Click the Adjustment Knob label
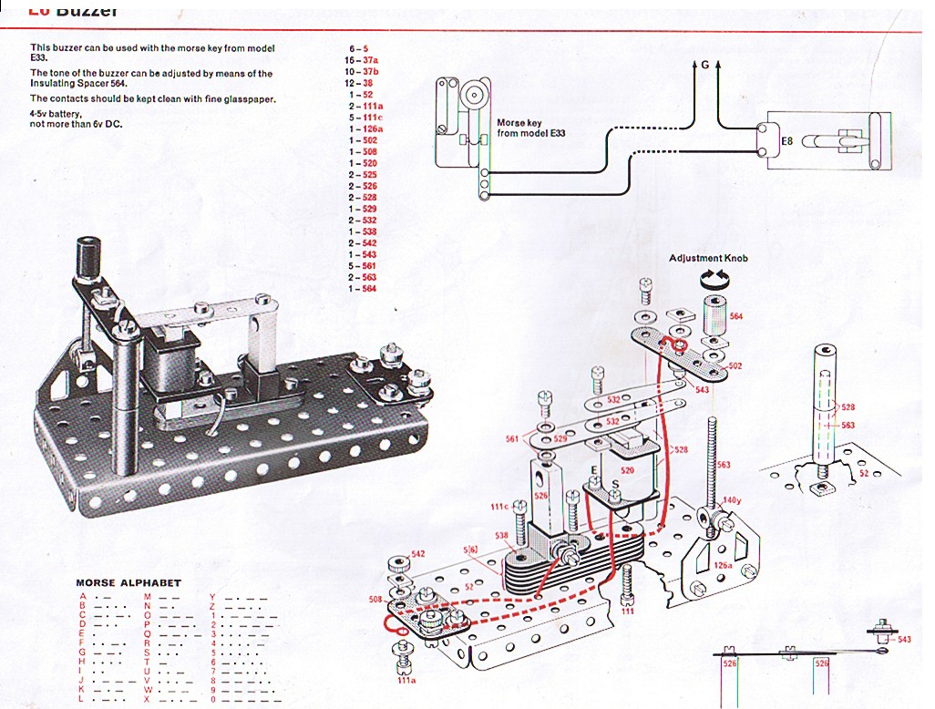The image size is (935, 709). [x=708, y=259]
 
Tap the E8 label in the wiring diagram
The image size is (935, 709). [x=788, y=141]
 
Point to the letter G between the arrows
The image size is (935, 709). [x=705, y=65]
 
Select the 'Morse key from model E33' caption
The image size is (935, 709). [x=530, y=128]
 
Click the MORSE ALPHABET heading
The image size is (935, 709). [x=128, y=583]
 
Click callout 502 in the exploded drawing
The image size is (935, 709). [x=735, y=365]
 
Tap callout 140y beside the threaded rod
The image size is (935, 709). [x=731, y=500]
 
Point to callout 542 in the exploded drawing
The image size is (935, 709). [x=418, y=553]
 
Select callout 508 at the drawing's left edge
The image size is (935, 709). [x=375, y=599]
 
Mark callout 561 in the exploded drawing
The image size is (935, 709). [x=512, y=439]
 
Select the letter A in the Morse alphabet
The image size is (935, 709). [x=83, y=597]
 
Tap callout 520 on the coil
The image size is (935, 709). [x=627, y=471]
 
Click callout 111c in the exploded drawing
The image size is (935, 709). [x=499, y=507]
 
